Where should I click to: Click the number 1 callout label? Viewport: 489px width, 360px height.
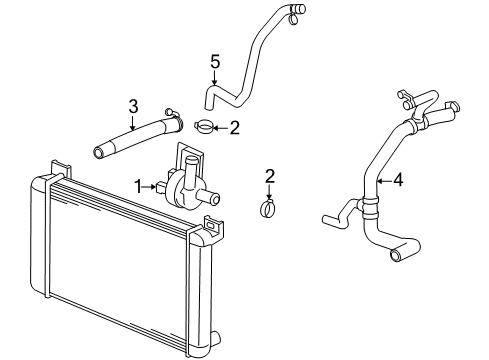140,185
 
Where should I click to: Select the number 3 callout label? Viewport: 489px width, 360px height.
132,105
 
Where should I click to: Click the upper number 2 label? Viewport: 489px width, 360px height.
235,126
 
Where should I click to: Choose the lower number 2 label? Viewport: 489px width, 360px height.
268,176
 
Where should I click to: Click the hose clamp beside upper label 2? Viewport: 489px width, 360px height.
205,127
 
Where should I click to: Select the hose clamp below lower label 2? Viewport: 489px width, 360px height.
268,209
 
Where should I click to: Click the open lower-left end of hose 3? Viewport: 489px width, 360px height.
100,154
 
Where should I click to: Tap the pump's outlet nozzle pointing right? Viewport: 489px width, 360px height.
213,190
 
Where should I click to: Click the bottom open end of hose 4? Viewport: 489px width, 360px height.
397,257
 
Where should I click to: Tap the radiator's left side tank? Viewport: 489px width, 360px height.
42,240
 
